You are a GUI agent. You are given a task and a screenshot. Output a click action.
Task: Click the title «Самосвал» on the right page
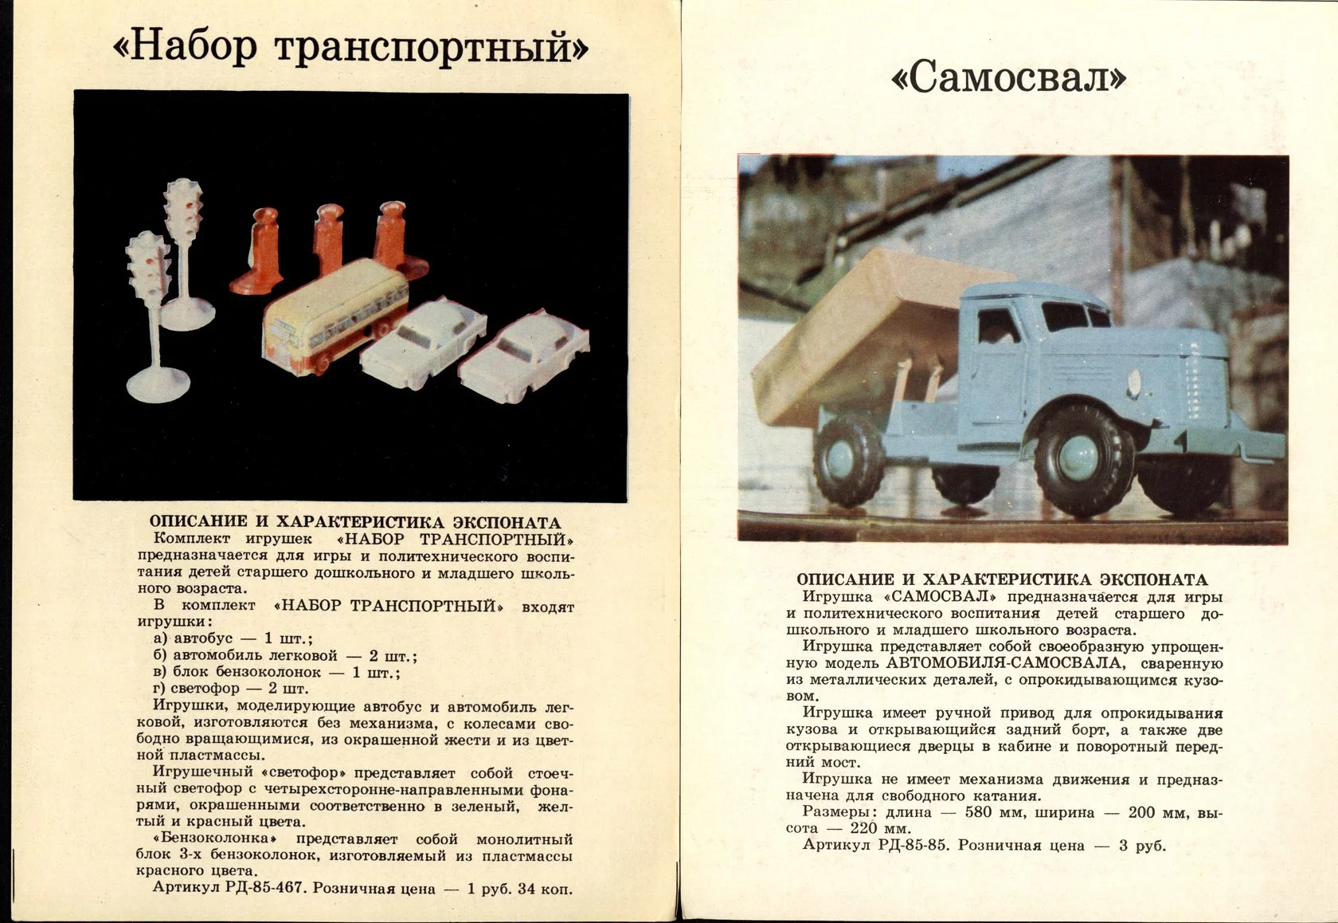pos(1008,78)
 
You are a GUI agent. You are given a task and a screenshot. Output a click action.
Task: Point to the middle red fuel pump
pos(327,238)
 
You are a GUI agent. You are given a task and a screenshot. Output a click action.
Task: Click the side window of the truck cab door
pos(996,327)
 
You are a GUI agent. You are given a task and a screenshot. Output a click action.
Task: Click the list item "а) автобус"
pos(204,638)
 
